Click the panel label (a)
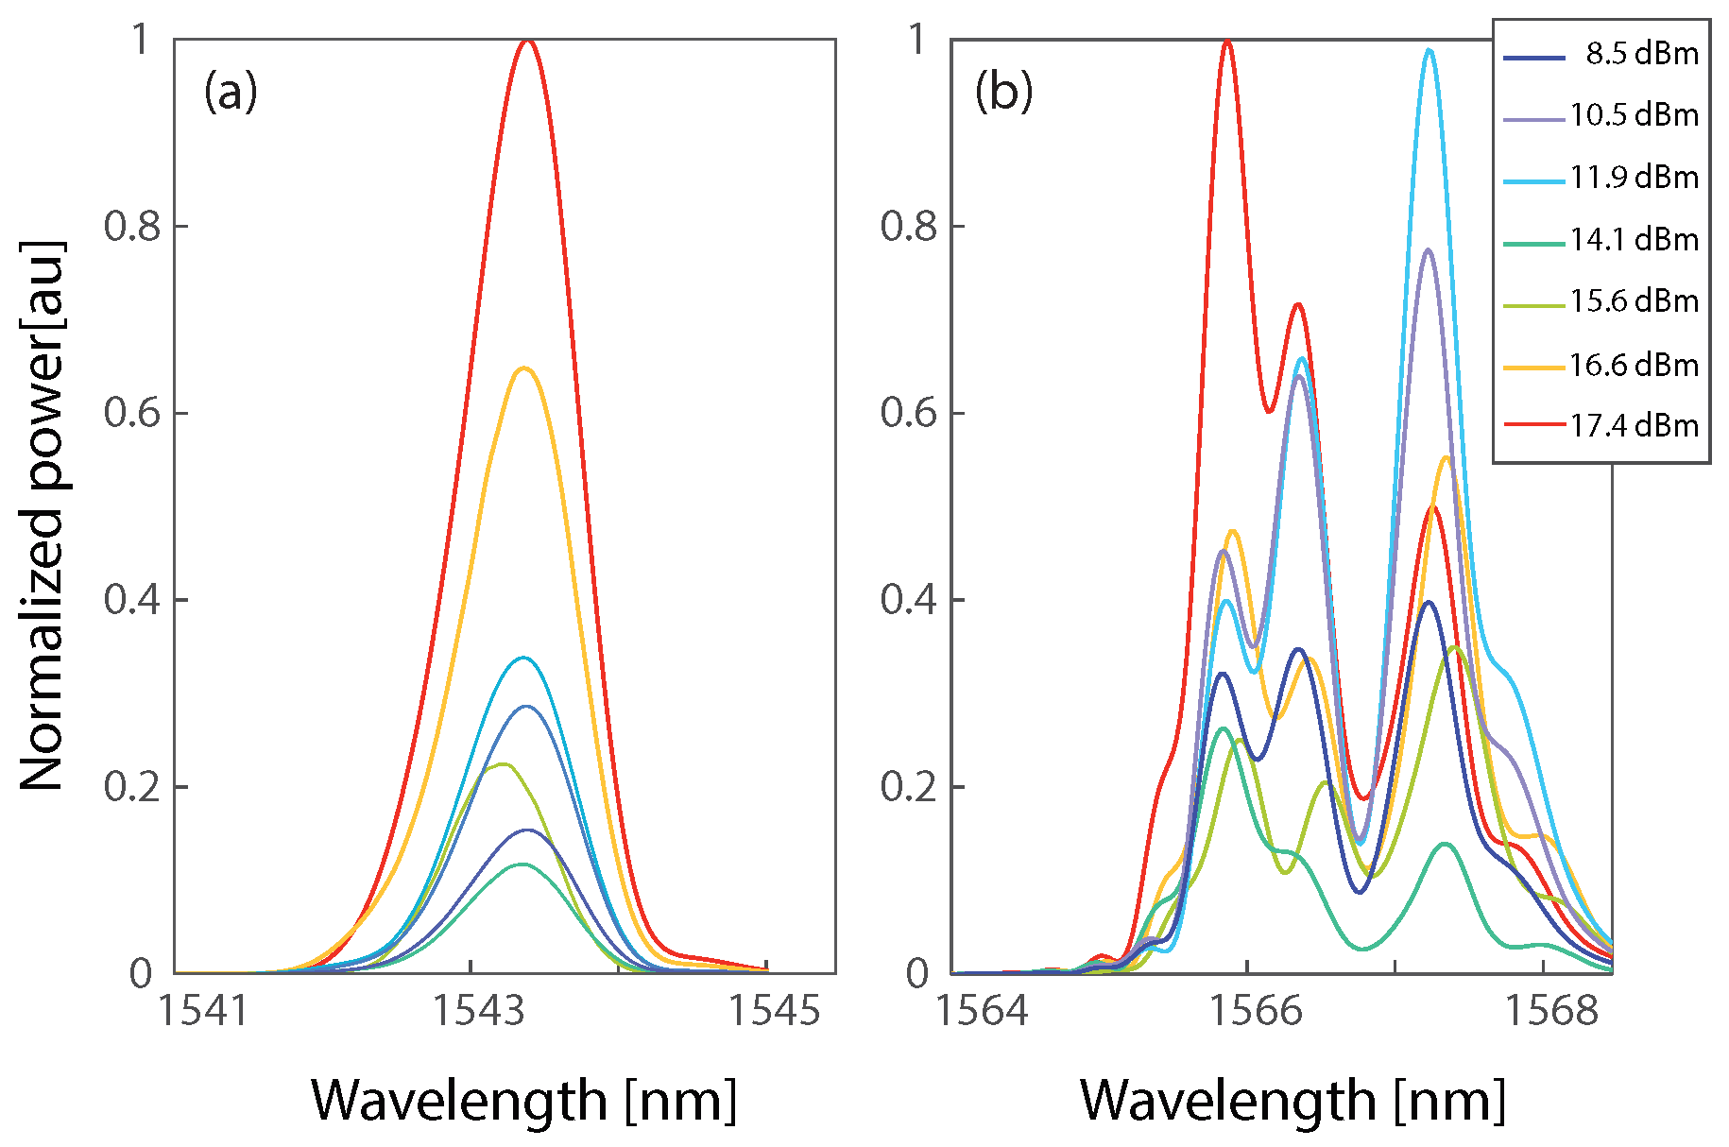230,93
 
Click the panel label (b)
1003,93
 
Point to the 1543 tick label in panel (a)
477,1011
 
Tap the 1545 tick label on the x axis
773,1011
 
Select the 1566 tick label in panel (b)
1256,1011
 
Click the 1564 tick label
981,1011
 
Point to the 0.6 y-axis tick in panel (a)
132,413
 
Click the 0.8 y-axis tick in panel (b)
909,227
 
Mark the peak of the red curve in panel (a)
526,41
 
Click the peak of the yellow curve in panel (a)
524,368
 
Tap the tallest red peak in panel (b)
1226,41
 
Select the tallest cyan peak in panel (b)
1429,51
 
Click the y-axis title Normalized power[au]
43,515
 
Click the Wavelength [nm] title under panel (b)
1292,1101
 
